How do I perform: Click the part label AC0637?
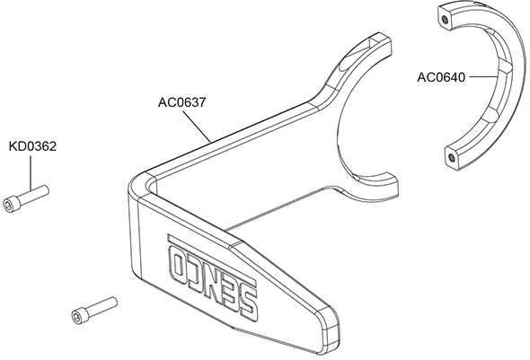coord(181,102)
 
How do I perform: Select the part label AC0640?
coord(441,77)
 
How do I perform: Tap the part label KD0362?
coord(32,146)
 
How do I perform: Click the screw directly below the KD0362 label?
coord(26,198)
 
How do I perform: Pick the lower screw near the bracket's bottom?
coord(94,311)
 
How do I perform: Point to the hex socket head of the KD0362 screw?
coord(8,205)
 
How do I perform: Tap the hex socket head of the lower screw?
coord(77,316)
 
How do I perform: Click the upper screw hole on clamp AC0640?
coord(446,20)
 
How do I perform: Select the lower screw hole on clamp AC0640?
coord(451,157)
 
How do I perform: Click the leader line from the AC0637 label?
coord(197,126)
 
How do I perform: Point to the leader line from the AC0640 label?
coord(483,77)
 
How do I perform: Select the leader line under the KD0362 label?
coord(31,172)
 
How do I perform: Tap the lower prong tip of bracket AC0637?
coord(389,188)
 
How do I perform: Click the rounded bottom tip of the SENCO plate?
coord(331,336)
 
